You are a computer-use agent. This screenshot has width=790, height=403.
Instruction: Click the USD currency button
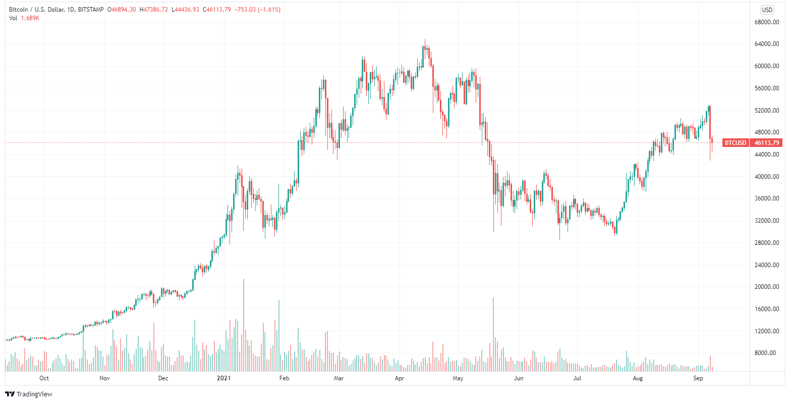pos(767,10)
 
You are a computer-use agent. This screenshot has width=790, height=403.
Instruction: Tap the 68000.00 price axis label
pos(762,22)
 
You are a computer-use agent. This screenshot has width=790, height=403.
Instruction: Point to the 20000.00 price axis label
pos(762,287)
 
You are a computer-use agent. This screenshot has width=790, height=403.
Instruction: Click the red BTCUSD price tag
pos(735,143)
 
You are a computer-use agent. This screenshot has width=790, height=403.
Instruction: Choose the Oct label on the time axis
pos(44,378)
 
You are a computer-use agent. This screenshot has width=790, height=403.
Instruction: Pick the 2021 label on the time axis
pos(223,378)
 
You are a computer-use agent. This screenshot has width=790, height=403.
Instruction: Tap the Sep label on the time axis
pos(698,378)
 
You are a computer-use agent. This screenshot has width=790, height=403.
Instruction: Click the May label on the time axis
pos(458,378)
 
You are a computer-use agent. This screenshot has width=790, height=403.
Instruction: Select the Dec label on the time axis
pos(163,378)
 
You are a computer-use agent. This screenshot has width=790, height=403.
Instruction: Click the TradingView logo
pos(29,394)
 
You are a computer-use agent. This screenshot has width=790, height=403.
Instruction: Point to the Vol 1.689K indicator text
pos(25,18)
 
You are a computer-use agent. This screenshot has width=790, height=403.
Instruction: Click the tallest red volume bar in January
pos(243,326)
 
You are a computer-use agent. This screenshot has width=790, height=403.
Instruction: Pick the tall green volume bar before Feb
pos(278,336)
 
